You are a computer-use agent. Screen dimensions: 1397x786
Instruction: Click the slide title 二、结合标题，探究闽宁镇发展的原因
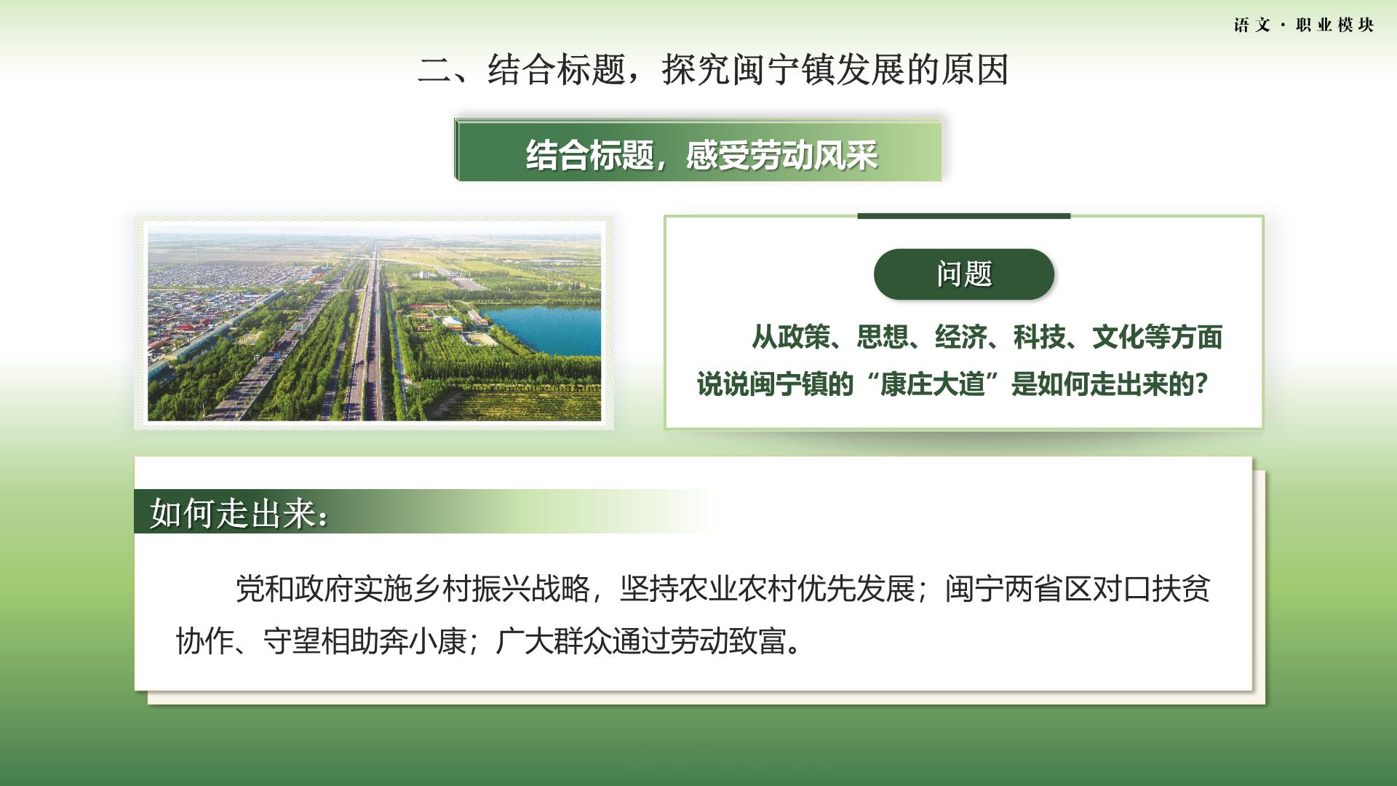pos(713,70)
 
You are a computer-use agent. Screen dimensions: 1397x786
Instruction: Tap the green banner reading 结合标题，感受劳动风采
pos(698,151)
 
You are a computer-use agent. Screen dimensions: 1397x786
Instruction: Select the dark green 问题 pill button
pos(963,274)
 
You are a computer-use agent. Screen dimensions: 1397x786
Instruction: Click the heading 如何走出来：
pos(239,514)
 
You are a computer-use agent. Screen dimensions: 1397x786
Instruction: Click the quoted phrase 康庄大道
pos(932,384)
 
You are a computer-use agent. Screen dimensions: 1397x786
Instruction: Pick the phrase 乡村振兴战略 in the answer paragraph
pos(502,589)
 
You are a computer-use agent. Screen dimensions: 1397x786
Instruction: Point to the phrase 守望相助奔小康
pos(365,641)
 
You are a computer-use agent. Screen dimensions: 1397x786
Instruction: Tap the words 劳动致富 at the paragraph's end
pos(728,641)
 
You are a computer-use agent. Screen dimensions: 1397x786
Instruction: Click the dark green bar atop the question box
pos(964,215)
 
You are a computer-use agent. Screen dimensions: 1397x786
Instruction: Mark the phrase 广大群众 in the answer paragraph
pos(554,641)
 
